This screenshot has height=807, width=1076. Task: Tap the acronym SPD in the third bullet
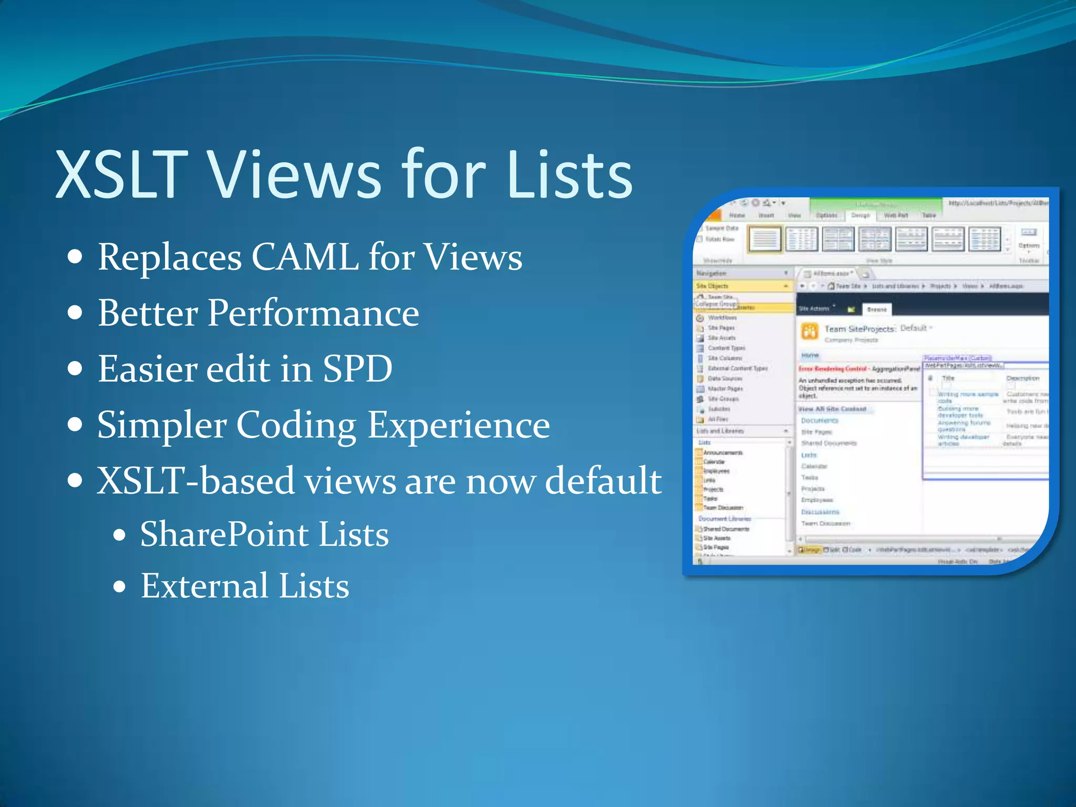pos(357,369)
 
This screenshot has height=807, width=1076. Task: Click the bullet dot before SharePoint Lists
pos(120,535)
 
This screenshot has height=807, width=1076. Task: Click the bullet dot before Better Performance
pos(76,313)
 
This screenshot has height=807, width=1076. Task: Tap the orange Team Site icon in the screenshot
pos(809,332)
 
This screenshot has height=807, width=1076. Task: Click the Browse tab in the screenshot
pos(877,309)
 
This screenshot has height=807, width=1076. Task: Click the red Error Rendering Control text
pos(832,369)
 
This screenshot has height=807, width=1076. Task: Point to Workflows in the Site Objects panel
pos(722,318)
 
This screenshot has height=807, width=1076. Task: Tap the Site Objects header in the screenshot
pos(712,286)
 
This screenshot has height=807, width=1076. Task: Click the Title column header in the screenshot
pos(948,378)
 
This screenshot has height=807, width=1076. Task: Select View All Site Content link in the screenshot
pos(832,409)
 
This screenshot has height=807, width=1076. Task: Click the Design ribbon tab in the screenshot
pos(860,215)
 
